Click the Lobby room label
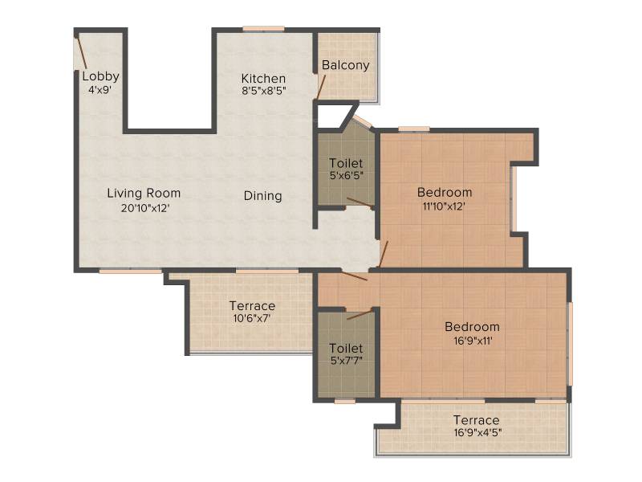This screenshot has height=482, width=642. (x=101, y=76)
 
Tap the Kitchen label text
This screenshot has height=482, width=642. (x=263, y=78)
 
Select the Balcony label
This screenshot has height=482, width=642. (x=346, y=65)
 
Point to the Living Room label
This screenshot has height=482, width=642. (x=144, y=193)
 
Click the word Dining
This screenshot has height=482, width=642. (x=263, y=196)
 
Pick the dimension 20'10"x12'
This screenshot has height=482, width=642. (x=145, y=208)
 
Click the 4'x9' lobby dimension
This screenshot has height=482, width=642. (x=100, y=90)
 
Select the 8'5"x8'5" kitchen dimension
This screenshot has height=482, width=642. (x=264, y=91)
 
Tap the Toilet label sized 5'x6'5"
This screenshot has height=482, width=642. (x=346, y=164)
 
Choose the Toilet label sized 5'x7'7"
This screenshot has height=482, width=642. (x=346, y=349)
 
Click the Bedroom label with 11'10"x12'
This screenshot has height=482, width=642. (x=445, y=192)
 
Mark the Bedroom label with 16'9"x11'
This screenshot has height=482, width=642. (x=472, y=327)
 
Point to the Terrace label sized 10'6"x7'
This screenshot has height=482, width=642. (x=252, y=306)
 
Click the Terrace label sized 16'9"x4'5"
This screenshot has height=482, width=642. (x=476, y=420)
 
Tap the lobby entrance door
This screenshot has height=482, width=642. (x=81, y=52)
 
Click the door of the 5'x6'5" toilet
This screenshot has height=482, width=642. (x=360, y=202)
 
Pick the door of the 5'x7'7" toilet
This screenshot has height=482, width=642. (x=360, y=314)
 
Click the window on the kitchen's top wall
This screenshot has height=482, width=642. (x=263, y=29)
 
